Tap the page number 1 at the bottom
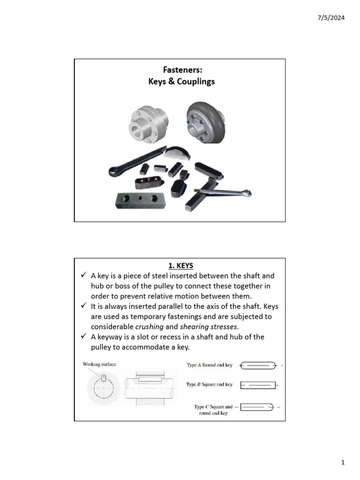click(343, 463)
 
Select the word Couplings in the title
click(194, 82)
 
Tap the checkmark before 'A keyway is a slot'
click(83, 337)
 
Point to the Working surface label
click(99, 364)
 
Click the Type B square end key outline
click(258, 385)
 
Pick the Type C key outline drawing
click(256, 407)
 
